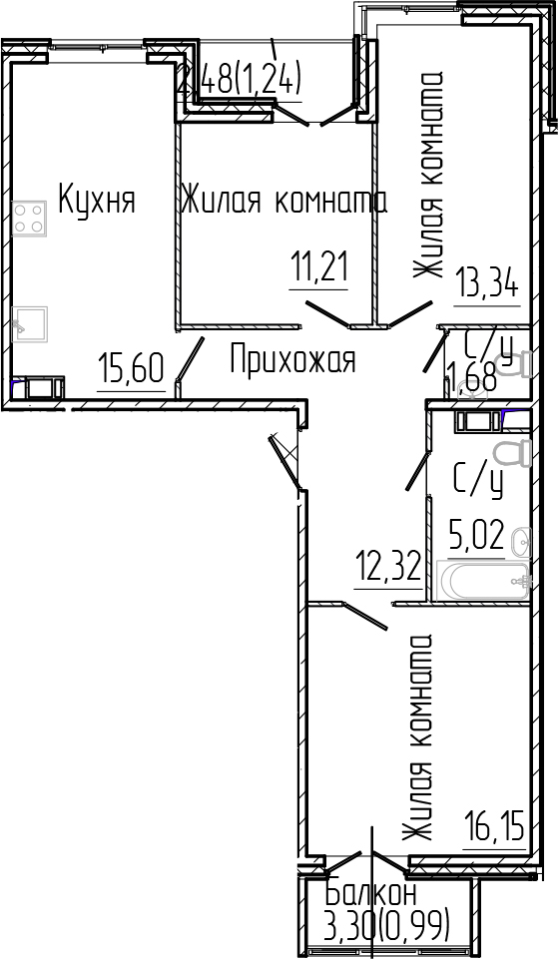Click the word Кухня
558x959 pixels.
tap(96, 201)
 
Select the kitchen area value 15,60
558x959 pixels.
tap(131, 371)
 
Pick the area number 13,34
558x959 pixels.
tap(488, 283)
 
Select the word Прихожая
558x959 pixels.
tap(292, 359)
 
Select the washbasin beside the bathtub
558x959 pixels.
tap(519, 544)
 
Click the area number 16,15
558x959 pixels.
tap(494, 827)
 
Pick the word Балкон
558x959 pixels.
tap(372, 894)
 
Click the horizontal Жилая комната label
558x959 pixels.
tap(283, 202)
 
